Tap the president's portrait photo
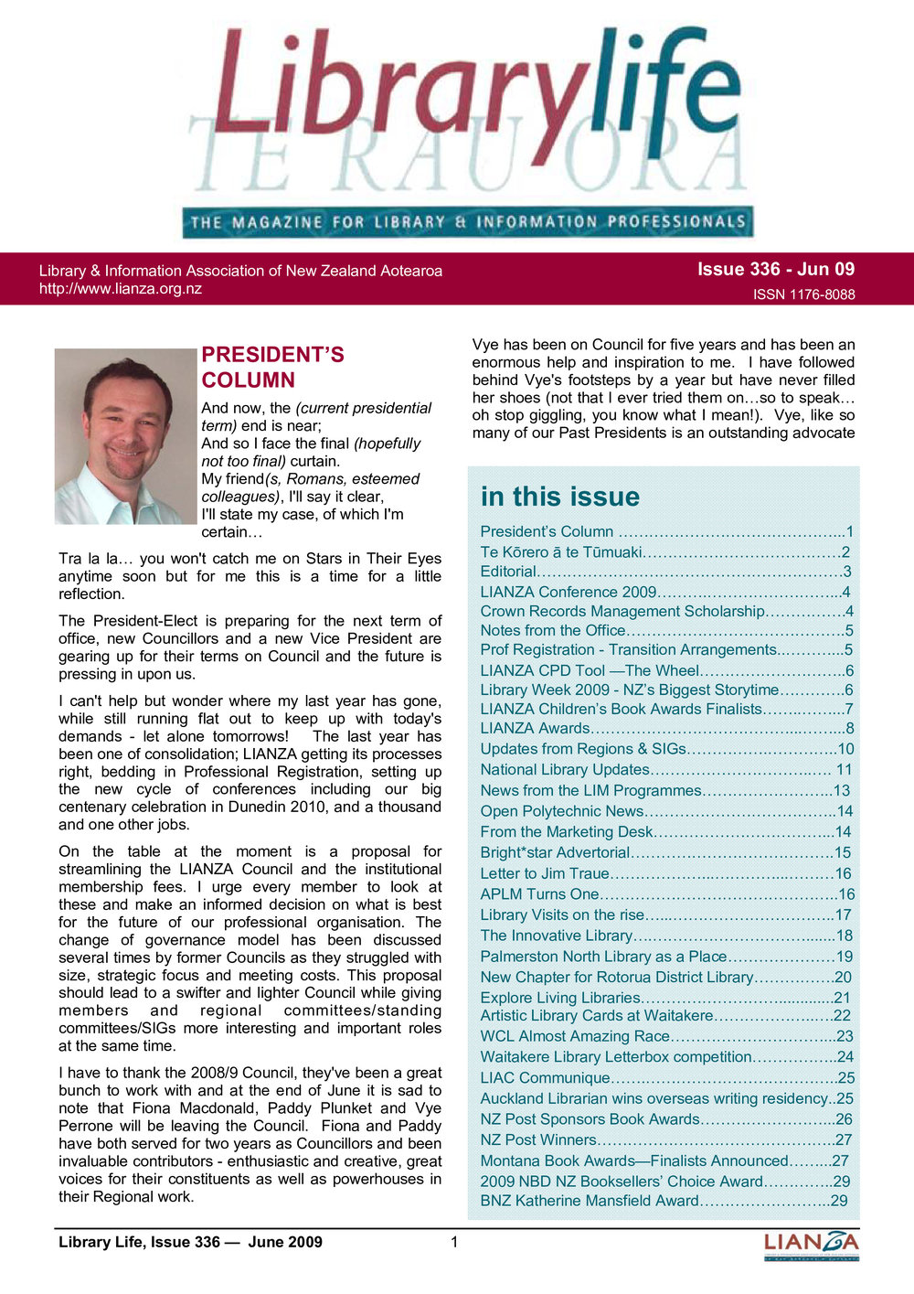pyautogui.click(x=126, y=436)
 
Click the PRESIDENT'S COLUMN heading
pyautogui.click(x=272, y=368)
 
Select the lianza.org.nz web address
pyautogui.click(x=121, y=289)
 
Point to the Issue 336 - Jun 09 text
pyautogui.click(x=775, y=269)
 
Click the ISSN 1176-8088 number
pyautogui.click(x=803, y=294)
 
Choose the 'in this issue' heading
pyautogui.click(x=559, y=497)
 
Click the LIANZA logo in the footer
pyautogui.click(x=811, y=1245)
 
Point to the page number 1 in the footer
pyautogui.click(x=454, y=1242)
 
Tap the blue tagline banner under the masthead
pyautogui.click(x=466, y=221)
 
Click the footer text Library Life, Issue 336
pyautogui.click(x=190, y=1242)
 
